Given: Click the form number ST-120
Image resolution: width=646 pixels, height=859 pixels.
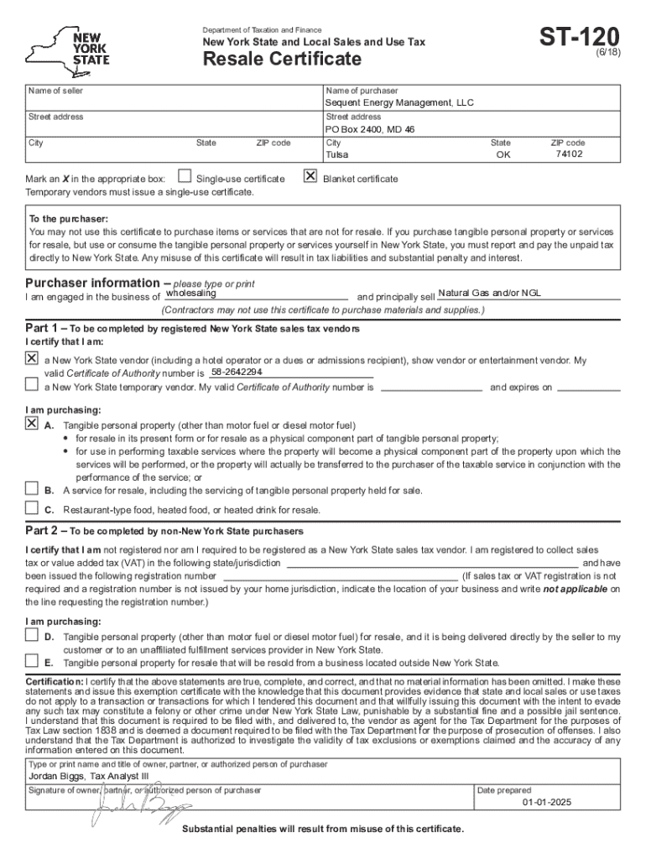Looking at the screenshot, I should click(x=580, y=37).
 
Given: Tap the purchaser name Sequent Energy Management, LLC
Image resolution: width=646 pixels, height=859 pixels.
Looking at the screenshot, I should click(x=399, y=103).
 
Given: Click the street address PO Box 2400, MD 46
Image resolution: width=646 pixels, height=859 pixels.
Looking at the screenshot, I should click(x=370, y=130).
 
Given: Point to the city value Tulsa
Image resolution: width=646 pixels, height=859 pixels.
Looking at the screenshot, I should click(x=336, y=155).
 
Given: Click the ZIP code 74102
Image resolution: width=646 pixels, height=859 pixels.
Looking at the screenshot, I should click(x=568, y=154).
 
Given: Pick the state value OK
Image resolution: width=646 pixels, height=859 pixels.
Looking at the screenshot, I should click(x=503, y=155).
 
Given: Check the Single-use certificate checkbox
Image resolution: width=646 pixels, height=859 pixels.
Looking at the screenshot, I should click(x=184, y=178).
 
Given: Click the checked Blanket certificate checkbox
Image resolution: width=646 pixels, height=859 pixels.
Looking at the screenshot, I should click(x=310, y=177).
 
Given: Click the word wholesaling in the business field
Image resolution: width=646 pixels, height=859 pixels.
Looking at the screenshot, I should click(x=191, y=294).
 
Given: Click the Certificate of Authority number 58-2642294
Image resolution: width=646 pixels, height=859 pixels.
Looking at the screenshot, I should click(x=237, y=372).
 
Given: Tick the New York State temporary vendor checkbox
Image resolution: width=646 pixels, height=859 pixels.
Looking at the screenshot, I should click(x=32, y=385).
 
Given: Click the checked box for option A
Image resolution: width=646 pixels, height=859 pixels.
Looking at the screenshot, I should click(x=32, y=423).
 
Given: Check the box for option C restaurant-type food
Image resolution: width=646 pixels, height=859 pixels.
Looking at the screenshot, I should click(x=32, y=508).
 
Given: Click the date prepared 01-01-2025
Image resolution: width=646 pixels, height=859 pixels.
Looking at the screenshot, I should click(x=546, y=803).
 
